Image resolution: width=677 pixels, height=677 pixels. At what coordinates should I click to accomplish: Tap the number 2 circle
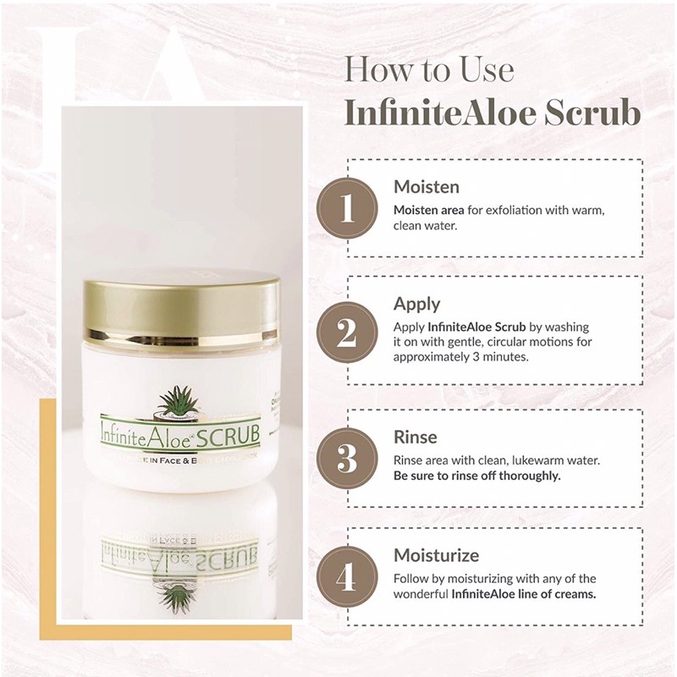[347, 333]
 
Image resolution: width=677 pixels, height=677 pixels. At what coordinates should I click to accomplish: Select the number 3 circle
[347, 458]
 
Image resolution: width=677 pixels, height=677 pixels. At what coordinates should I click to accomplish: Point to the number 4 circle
[347, 578]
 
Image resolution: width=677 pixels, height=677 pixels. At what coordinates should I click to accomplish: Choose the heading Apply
[417, 304]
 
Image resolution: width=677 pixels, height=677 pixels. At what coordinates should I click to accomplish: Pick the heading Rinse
[416, 438]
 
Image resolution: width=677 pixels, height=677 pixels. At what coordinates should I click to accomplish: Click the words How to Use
[430, 69]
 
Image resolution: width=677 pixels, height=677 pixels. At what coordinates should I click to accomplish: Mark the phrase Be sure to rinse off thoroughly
[477, 476]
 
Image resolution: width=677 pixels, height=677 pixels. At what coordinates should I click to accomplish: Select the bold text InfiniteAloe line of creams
[524, 594]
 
